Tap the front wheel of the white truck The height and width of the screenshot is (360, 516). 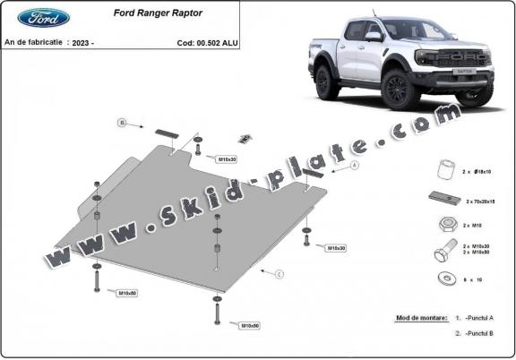395,89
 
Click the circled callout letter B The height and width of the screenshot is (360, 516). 122,123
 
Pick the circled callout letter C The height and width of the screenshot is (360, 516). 279,273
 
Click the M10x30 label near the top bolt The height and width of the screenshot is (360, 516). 227,159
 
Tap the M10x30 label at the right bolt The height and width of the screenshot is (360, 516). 336,247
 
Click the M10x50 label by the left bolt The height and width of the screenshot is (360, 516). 127,292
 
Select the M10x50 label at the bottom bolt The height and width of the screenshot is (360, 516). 249,325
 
